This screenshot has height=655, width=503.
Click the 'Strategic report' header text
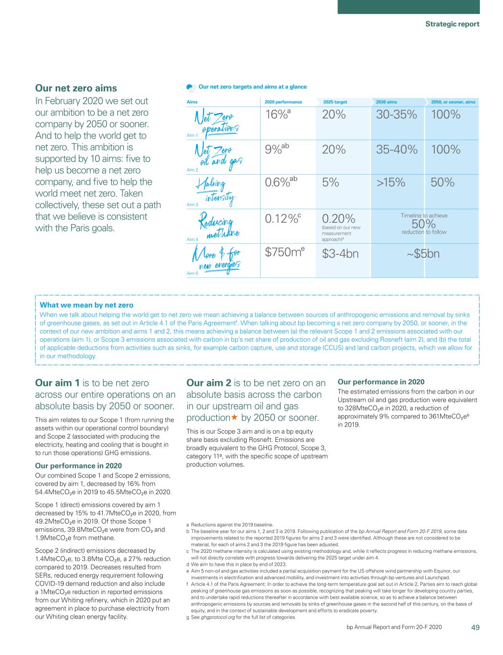(452, 24)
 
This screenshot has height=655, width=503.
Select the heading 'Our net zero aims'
(76, 88)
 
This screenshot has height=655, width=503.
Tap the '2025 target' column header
(335, 102)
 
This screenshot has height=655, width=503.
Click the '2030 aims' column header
(386, 102)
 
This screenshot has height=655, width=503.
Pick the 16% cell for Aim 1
(281, 115)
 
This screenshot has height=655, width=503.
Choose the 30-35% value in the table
(396, 115)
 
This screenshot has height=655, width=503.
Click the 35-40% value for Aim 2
(396, 150)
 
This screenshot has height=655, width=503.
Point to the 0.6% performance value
(281, 183)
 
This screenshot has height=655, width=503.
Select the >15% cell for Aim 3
(391, 183)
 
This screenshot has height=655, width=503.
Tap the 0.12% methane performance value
(283, 219)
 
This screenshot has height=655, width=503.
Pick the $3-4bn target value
(340, 253)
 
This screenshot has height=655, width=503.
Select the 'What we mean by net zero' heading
(86, 305)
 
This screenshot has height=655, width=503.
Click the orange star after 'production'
(235, 417)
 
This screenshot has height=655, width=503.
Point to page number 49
(475, 627)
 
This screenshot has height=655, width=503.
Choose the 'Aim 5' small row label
(192, 273)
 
